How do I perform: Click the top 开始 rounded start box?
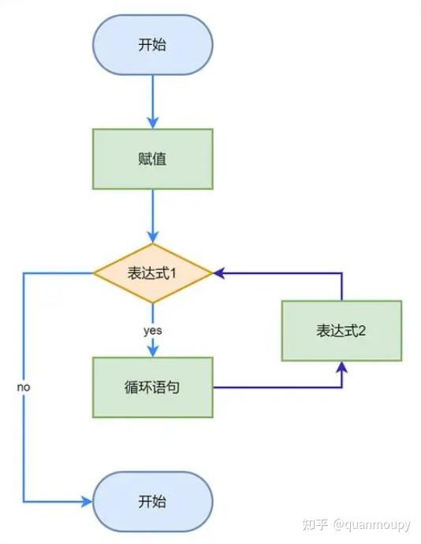(x=152, y=45)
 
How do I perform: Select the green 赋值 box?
(x=152, y=159)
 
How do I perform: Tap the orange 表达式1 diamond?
(x=152, y=273)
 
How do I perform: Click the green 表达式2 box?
(x=341, y=331)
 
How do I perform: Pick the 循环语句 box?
(x=152, y=387)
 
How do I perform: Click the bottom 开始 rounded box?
(x=152, y=501)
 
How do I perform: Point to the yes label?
(x=153, y=331)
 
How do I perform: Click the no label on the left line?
(x=24, y=387)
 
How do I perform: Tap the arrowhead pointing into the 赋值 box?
(x=152, y=123)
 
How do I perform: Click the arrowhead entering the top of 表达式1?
(x=152, y=237)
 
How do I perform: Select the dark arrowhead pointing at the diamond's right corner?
(x=218, y=273)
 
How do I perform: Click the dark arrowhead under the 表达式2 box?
(x=342, y=367)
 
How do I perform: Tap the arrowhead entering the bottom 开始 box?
(x=87, y=501)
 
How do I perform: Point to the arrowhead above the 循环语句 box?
(x=152, y=351)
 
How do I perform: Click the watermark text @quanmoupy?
(x=371, y=524)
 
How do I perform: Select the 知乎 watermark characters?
(x=315, y=524)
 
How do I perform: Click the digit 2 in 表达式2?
(x=362, y=331)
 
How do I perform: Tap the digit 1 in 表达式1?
(x=173, y=274)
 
